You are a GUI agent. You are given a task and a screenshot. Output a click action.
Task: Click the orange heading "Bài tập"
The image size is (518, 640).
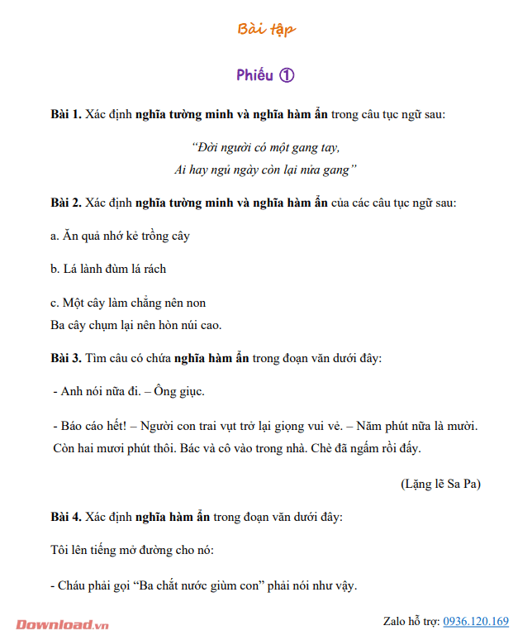point(266,31)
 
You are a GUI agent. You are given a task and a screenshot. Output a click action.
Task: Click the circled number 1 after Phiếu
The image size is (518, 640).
point(287,75)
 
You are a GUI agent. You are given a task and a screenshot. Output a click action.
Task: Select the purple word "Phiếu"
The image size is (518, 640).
point(254,75)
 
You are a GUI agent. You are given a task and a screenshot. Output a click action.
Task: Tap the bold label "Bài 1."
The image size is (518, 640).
point(66,114)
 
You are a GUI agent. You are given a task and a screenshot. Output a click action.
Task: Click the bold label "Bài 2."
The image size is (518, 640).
point(66,202)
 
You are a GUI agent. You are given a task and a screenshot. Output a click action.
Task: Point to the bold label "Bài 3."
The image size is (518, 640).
point(66,358)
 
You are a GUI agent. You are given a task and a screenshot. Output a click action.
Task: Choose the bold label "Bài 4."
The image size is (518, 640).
point(66,517)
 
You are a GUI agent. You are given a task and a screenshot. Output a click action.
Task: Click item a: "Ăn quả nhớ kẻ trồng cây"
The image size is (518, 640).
point(121,236)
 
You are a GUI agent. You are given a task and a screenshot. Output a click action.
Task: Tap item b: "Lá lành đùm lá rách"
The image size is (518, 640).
point(108,269)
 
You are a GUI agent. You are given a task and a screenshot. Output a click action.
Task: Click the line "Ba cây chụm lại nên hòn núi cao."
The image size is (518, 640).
point(136,324)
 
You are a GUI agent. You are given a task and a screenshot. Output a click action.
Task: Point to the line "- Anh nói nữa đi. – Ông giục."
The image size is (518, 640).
point(128,391)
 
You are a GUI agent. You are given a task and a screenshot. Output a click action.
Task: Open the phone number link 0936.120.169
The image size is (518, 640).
point(476,621)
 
